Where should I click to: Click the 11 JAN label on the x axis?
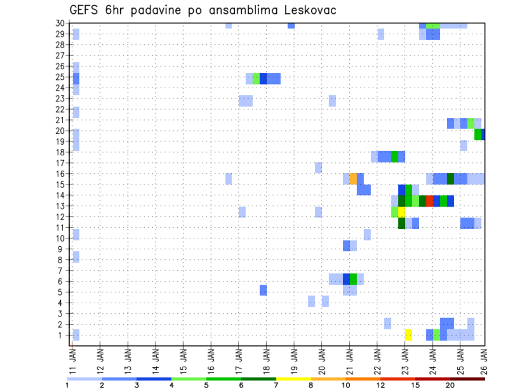(x=72, y=357)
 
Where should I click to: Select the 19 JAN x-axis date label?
(x=294, y=357)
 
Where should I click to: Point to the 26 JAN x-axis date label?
(x=482, y=357)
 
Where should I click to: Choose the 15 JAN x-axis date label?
(x=183, y=357)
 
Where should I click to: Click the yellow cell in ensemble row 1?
(x=409, y=335)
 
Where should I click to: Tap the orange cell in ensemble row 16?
(x=353, y=179)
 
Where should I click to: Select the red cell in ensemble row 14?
(x=429, y=201)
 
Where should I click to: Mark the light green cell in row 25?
(x=256, y=79)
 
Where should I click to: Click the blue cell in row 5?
(x=263, y=290)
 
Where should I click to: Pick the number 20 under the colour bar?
(x=450, y=385)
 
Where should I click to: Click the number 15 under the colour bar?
(x=415, y=385)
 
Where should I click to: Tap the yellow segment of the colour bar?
(x=294, y=379)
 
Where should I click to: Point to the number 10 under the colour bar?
(x=346, y=385)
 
